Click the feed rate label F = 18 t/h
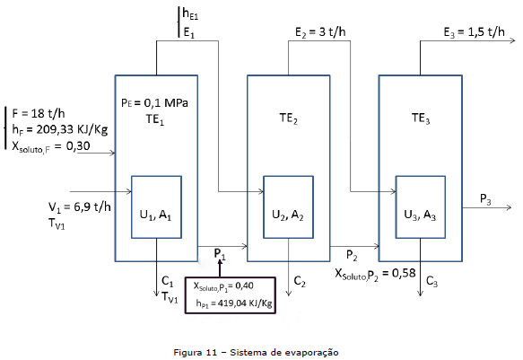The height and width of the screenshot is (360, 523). coord(39,113)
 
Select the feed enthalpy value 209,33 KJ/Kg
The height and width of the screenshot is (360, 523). coord(72,129)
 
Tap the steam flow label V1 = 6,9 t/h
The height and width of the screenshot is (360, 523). coord(79,207)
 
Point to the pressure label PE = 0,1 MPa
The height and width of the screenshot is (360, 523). coord(154,102)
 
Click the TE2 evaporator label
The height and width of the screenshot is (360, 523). coord(289,119)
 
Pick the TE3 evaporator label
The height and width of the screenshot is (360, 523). coord(421,119)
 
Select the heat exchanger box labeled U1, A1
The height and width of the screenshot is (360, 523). coord(156,177)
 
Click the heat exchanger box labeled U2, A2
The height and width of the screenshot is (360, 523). coord(289,177)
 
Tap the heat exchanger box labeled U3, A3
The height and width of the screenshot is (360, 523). coord(421,177)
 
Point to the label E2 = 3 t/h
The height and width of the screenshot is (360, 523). coord(320,32)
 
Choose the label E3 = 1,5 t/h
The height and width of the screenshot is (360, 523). coord(474,32)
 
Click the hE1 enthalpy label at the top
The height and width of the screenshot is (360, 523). coord(190,13)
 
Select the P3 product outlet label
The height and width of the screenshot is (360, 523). coord(485,199)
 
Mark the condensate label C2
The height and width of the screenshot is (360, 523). coord(300,282)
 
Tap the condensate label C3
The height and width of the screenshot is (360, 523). coord(431,282)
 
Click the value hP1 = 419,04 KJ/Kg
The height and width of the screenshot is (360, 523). coord(234,303)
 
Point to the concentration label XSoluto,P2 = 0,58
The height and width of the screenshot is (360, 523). coord(375,274)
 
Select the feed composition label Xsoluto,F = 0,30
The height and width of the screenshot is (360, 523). coord(51,146)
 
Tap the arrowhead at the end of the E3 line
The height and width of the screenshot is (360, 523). coord(514,40)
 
